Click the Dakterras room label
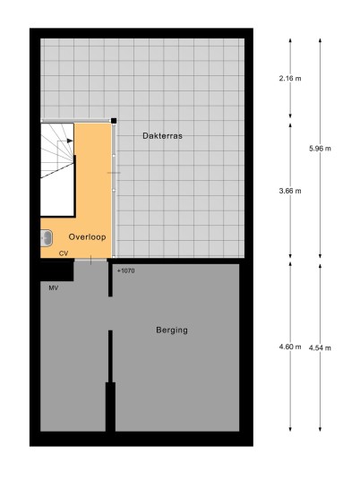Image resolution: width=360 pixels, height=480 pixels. coord(162,135)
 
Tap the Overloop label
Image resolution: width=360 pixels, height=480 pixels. coord(87,237)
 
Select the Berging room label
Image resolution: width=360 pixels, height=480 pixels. coord(172,330)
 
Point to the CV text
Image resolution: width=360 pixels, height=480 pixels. coord(64,253)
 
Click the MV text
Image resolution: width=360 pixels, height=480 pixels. coord(53,287)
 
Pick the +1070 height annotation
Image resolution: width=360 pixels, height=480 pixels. coord(125,270)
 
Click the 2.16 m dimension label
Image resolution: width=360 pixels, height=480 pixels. coord(290,79)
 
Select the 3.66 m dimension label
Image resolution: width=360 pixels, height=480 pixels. coord(290,191)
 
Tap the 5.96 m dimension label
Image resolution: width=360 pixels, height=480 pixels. coord(320,149)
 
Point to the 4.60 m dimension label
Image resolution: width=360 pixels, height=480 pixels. coord(290,347)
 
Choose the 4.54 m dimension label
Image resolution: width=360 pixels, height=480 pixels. coord(320,348)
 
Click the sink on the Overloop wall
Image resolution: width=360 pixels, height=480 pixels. coord(47,238)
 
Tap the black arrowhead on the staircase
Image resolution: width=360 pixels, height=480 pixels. coord(70,141)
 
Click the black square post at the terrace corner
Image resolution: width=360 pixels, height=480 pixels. coord(114,121)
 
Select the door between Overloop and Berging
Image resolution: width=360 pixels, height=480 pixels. coord(90,261)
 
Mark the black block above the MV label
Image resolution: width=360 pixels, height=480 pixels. coord(57,270)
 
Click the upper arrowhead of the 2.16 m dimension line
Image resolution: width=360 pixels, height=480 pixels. coord(290,40)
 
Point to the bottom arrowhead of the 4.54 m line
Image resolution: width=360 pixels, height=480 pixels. coord(320,429)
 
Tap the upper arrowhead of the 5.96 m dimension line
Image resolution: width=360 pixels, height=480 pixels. coord(320,40)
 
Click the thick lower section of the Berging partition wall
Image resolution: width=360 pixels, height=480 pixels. coord(110,407)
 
